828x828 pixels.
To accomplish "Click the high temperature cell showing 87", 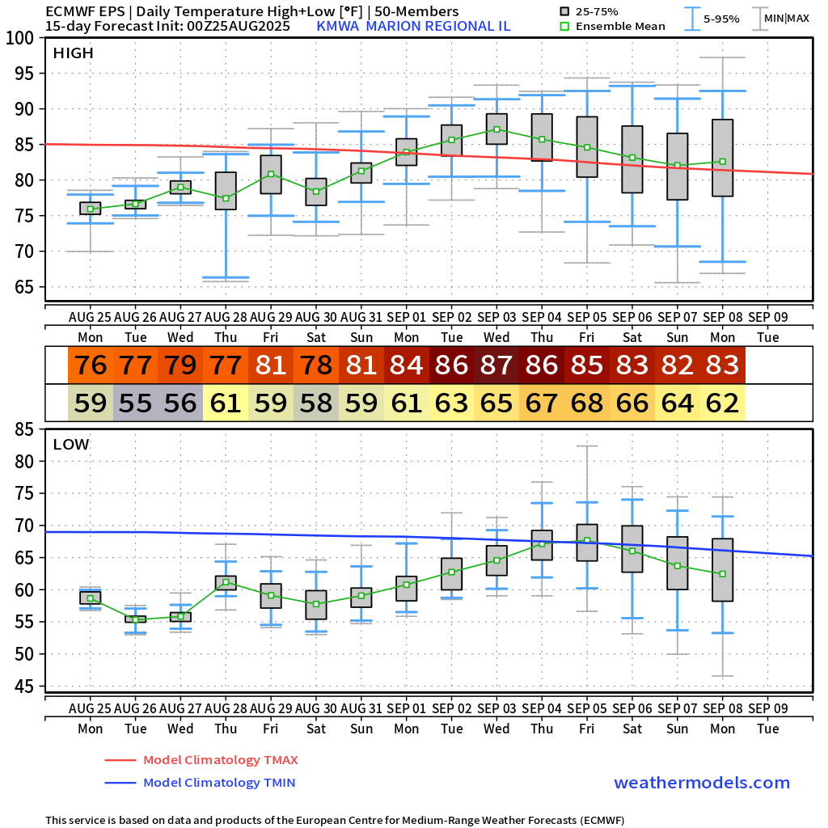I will [496, 365].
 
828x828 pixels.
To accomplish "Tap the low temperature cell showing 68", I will [587, 402].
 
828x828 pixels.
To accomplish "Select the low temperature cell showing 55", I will [135, 402].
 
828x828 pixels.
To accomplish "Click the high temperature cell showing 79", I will [180, 365].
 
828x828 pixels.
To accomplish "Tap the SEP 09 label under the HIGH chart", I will [767, 315].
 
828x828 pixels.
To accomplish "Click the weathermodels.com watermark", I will [702, 783].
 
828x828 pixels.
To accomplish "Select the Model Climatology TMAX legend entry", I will [220, 760].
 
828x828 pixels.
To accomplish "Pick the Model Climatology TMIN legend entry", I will [219, 783].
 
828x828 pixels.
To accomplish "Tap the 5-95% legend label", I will [721, 19].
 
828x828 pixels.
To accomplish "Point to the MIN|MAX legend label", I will [786, 19].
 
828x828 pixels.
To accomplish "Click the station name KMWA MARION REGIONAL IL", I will [412, 26].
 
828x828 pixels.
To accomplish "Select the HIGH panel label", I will [73, 53].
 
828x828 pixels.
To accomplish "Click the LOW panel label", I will [71, 444].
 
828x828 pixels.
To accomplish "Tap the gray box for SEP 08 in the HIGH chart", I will [722, 158].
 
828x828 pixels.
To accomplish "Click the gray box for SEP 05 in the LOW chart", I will [587, 543].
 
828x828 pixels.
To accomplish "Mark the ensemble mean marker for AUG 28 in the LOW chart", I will [226, 581].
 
